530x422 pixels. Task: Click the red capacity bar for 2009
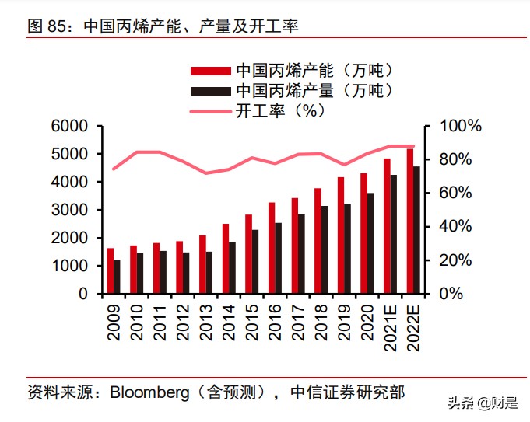point(110,271)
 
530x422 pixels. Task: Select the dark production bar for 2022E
point(417,230)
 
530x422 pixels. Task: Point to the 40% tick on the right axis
point(458,227)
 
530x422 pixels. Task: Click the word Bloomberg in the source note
point(144,392)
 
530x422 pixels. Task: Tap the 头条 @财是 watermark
point(483,403)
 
